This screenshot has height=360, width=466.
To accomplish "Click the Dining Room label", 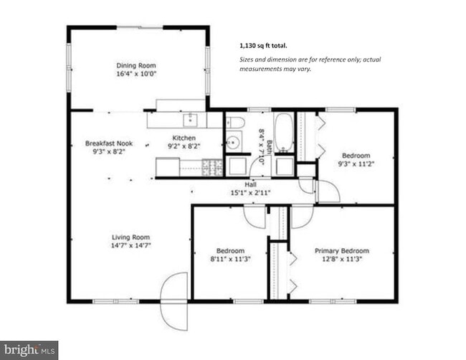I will click(x=136, y=64).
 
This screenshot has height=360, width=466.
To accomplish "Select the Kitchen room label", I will click(x=184, y=138).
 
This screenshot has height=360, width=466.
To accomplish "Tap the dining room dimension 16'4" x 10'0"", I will click(x=136, y=73).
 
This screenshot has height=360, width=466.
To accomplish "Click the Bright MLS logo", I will click(x=29, y=350).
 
